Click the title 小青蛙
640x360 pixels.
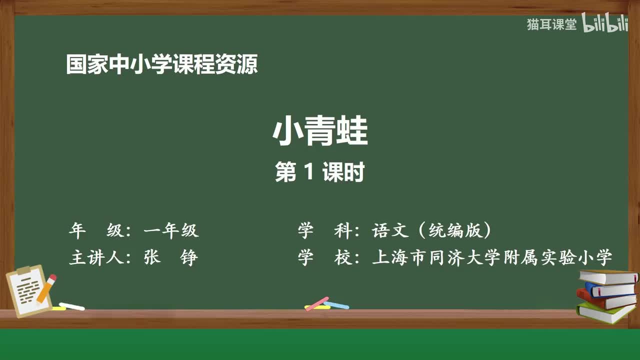tap(320, 132)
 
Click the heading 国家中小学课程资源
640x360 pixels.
tap(162, 65)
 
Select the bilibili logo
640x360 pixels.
tap(605, 24)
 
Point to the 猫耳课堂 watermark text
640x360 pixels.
tap(551, 24)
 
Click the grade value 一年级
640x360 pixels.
tap(171, 230)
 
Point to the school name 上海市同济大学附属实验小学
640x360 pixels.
tap(492, 258)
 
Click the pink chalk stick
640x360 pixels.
tap(317, 303)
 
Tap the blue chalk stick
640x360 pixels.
tap(336, 304)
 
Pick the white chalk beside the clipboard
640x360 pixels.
tap(72, 306)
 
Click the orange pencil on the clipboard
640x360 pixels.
tap(46, 288)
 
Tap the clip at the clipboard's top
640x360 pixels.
tap(24, 270)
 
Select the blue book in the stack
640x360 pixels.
tap(610, 289)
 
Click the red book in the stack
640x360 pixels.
tap(605, 300)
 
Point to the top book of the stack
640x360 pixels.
tap(608, 276)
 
